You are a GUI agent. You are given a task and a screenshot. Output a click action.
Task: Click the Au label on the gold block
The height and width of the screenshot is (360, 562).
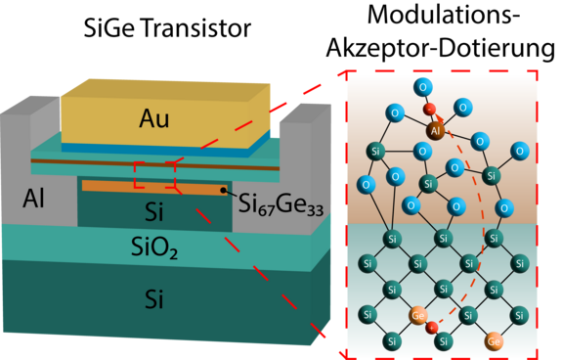click(x=153, y=119)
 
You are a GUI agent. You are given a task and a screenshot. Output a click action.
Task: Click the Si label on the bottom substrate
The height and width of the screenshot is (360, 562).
click(x=153, y=299)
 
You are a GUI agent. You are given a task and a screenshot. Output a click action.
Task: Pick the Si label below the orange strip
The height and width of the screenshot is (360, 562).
click(x=154, y=211)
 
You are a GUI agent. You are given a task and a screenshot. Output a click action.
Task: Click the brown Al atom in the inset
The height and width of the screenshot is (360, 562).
click(x=435, y=128)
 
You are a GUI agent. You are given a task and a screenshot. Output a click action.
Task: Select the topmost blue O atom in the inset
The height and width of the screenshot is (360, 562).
click(x=422, y=86)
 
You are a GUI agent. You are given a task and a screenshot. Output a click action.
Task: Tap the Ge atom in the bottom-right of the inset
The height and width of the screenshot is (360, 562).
click(x=495, y=341)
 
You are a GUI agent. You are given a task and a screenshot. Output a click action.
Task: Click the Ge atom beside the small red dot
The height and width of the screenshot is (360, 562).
click(x=418, y=315)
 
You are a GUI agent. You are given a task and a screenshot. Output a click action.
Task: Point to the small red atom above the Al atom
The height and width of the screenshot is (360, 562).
click(x=430, y=107)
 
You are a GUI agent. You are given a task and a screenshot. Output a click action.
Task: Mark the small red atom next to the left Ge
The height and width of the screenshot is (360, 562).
click(x=432, y=327)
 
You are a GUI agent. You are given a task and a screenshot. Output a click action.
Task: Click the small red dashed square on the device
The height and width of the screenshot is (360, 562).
click(x=153, y=174)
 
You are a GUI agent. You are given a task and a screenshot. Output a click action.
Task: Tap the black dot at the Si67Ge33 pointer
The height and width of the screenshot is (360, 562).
click(x=224, y=191)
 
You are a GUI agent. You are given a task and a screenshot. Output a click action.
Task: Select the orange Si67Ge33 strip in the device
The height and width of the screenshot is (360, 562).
click(x=147, y=186)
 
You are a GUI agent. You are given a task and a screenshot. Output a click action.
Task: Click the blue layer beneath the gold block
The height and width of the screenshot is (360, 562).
click(x=166, y=149)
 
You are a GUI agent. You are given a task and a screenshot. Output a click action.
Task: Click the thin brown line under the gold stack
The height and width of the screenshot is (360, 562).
click(x=156, y=162)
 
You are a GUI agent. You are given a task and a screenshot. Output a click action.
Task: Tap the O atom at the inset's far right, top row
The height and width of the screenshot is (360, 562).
click(x=521, y=151)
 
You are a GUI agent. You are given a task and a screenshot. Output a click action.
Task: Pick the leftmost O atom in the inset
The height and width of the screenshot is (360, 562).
click(x=367, y=184)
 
